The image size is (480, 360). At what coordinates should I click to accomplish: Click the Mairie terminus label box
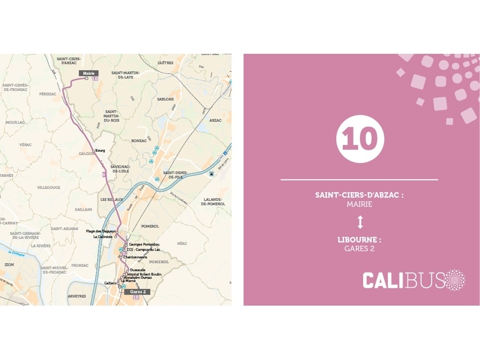88,73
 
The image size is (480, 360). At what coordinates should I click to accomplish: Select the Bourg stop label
100,151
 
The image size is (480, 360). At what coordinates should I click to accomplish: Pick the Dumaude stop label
137,270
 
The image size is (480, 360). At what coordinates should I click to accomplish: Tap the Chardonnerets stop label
136,257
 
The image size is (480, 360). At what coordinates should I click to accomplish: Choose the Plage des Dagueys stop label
101,231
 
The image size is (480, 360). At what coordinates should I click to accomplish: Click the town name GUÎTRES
165,63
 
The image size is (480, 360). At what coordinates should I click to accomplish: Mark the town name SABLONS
165,99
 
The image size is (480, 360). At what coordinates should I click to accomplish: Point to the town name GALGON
86,154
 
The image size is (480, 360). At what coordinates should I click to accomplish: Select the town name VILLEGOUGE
49,187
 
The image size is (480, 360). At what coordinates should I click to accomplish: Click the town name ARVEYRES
77,296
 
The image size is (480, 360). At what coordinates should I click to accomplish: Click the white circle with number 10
360,139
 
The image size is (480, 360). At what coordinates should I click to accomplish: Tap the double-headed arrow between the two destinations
360,222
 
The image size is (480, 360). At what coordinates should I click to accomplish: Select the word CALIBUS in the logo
403,281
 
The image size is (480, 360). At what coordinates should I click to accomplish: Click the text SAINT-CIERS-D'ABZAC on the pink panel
359,195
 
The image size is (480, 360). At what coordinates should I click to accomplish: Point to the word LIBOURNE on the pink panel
359,240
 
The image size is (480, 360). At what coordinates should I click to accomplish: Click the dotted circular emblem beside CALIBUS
456,280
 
